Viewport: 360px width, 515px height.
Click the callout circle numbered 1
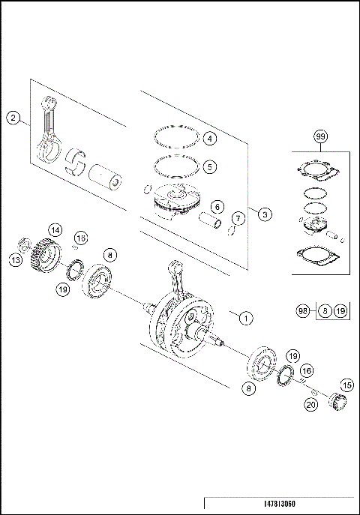pyautogui.click(x=245, y=317)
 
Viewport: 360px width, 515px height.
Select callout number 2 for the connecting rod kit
pyautogui.click(x=12, y=117)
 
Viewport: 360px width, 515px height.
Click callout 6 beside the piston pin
pyautogui.click(x=216, y=206)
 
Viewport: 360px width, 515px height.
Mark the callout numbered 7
pyautogui.click(x=238, y=218)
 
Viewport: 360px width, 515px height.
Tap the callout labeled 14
pyautogui.click(x=55, y=229)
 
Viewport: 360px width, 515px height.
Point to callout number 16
pyautogui.click(x=307, y=371)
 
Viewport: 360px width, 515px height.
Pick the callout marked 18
pyautogui.click(x=80, y=238)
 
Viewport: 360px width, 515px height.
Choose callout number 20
pyautogui.click(x=310, y=405)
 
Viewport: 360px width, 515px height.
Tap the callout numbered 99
pyautogui.click(x=320, y=136)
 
